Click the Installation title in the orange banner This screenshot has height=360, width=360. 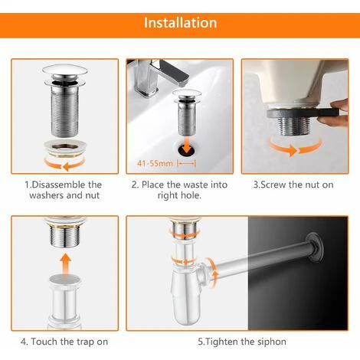(180, 22)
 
